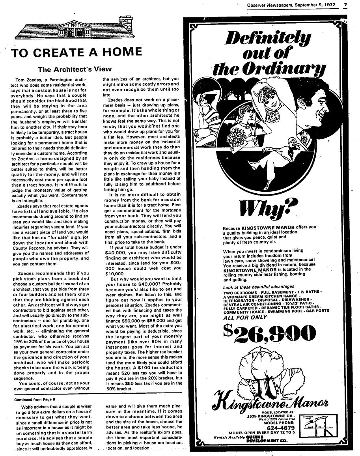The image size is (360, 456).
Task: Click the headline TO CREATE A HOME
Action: point(76,52)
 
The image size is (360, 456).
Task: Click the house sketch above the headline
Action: point(75,29)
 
